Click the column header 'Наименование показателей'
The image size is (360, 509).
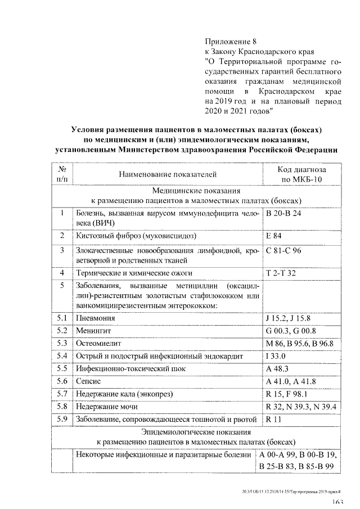click(167, 175)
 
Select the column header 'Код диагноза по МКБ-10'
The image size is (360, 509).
click(301, 175)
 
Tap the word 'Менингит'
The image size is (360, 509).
click(94, 331)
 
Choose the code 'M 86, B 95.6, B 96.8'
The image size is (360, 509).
click(299, 343)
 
